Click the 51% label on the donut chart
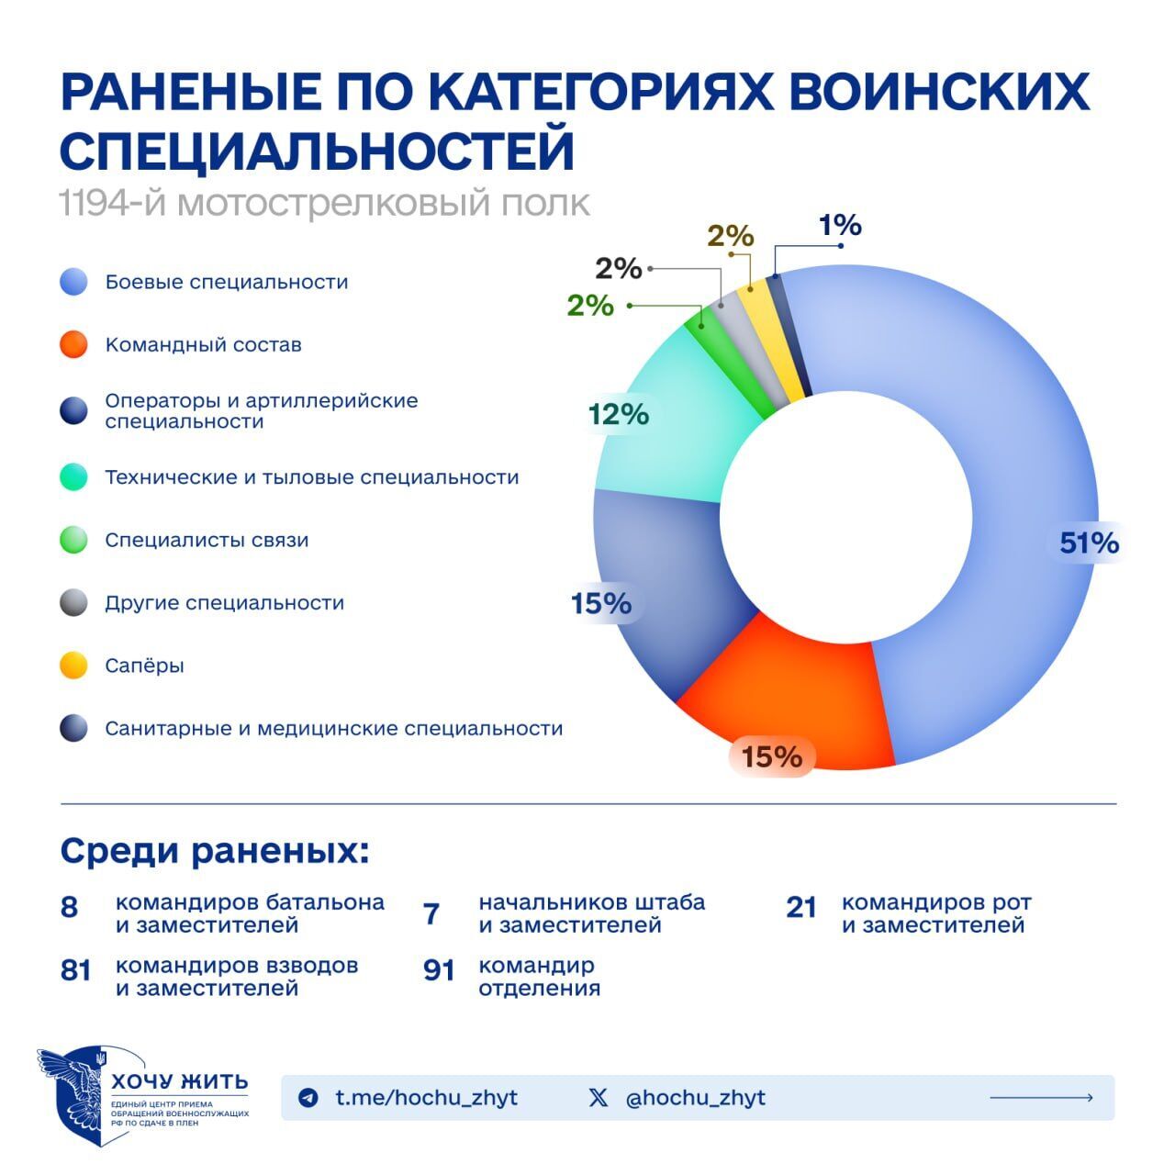click(x=1089, y=543)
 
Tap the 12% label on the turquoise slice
click(x=619, y=415)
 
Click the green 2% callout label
click(x=590, y=305)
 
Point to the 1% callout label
click(x=840, y=225)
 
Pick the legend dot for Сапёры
click(x=73, y=666)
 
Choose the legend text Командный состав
click(x=203, y=345)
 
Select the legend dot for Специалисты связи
click(x=73, y=540)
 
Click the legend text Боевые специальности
click(x=227, y=282)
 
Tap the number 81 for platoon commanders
click(x=75, y=970)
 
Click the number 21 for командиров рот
click(x=801, y=908)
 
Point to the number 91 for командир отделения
click(x=439, y=970)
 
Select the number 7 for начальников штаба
click(x=431, y=914)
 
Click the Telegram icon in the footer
click(x=308, y=1098)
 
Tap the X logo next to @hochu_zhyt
click(x=599, y=1098)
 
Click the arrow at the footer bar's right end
click(x=1041, y=1098)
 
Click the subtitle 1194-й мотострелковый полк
click(x=324, y=204)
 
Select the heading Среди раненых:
click(x=215, y=851)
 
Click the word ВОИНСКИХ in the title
click(x=938, y=92)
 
